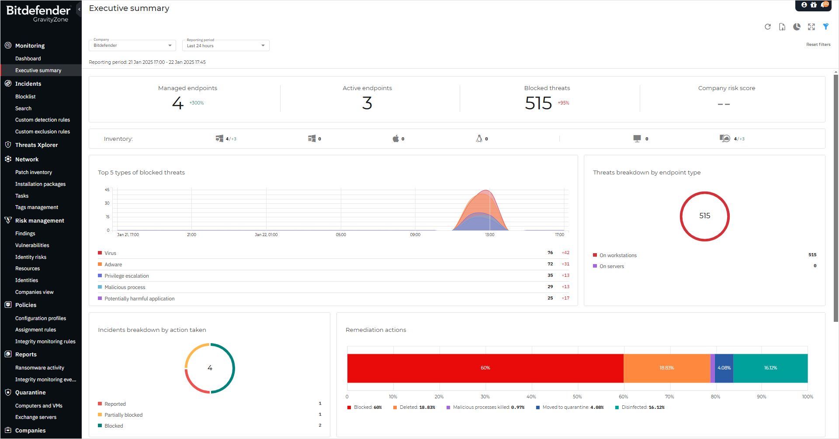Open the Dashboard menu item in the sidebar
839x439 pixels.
(x=28, y=59)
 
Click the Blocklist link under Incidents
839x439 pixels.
(x=25, y=97)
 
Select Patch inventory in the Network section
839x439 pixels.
(x=34, y=172)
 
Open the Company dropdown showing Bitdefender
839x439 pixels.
(x=132, y=45)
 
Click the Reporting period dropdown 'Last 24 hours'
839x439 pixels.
(x=225, y=45)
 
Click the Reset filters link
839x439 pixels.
(x=818, y=45)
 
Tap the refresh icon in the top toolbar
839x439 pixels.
(x=768, y=27)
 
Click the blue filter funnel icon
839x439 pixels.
(x=826, y=27)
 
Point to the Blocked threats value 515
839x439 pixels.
(x=538, y=103)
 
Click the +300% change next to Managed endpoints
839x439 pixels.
(x=197, y=103)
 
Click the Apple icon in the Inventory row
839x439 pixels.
(x=395, y=139)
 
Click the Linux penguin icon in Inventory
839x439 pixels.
(x=479, y=139)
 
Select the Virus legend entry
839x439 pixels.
(x=110, y=253)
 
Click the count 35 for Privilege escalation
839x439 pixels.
(x=550, y=275)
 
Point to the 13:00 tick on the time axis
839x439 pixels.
(x=490, y=235)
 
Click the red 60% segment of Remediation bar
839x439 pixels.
(x=485, y=368)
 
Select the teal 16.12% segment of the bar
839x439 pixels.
(x=770, y=368)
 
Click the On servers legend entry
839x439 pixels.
(x=611, y=266)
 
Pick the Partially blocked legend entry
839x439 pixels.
(x=123, y=415)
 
